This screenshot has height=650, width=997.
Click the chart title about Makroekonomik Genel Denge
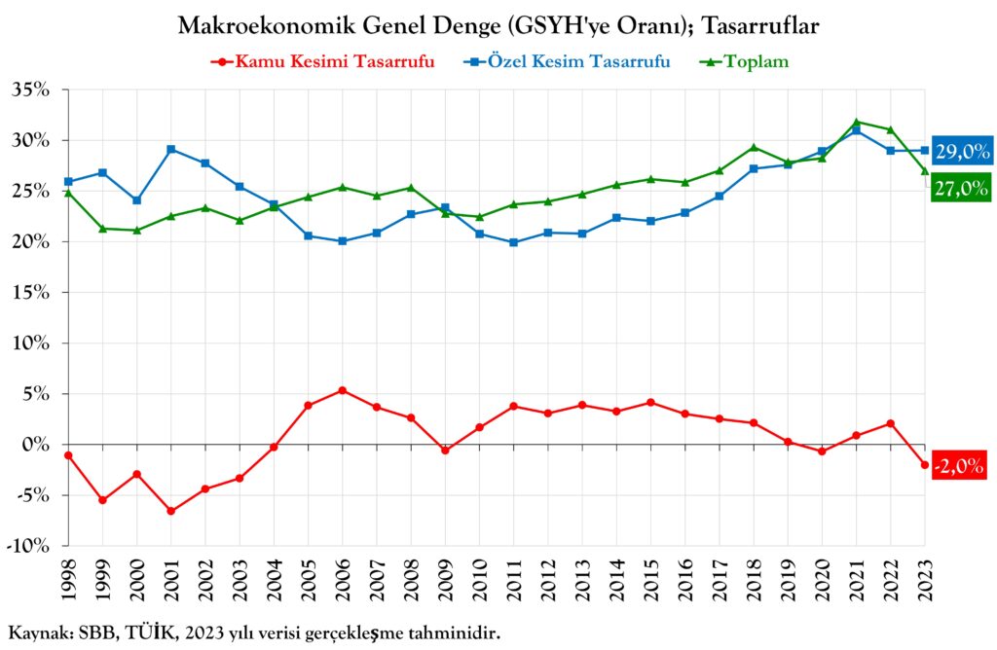498,26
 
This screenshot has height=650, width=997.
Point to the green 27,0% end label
962,189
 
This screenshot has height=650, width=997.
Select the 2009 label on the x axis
445,581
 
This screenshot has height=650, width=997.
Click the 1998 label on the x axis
68,581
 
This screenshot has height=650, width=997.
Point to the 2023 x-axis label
925,581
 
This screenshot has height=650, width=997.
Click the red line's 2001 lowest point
170,511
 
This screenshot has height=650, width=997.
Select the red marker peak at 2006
342,390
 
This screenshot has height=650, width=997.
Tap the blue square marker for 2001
170,149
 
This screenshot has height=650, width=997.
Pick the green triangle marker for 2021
856,123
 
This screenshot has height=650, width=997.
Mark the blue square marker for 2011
513,242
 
